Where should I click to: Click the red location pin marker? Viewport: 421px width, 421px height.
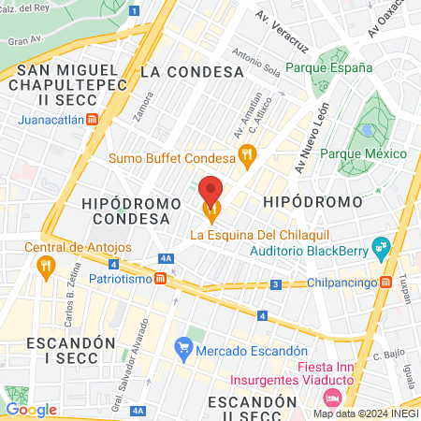(210, 191)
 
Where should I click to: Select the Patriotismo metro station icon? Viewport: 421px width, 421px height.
(161, 279)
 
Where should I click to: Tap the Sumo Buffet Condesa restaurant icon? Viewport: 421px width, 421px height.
(247, 156)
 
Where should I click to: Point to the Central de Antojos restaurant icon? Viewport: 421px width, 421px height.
(46, 266)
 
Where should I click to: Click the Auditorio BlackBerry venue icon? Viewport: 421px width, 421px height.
(380, 249)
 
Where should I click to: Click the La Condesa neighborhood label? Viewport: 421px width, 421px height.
(192, 71)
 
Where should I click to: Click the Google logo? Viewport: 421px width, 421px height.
(31, 409)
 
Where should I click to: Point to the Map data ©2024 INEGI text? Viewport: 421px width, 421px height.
(364, 413)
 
